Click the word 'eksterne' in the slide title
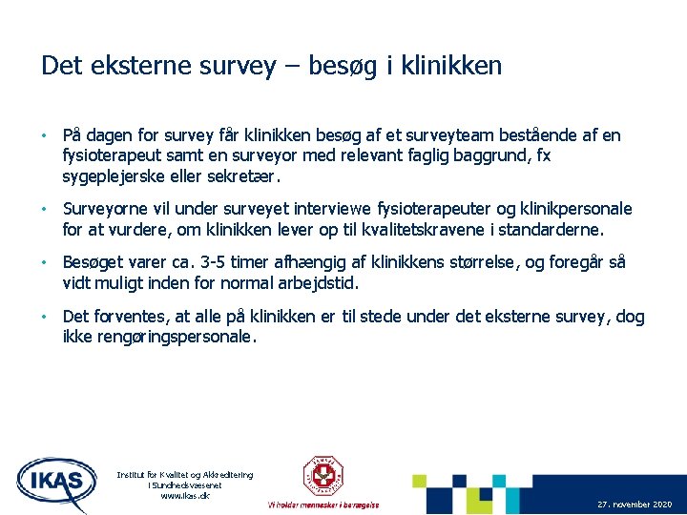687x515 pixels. point(134,66)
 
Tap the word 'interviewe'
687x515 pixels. point(315,209)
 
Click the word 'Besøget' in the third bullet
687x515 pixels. point(94,263)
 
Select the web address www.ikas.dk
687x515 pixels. point(184,496)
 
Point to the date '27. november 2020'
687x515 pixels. point(634,503)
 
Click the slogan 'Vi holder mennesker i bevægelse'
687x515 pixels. point(323,505)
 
